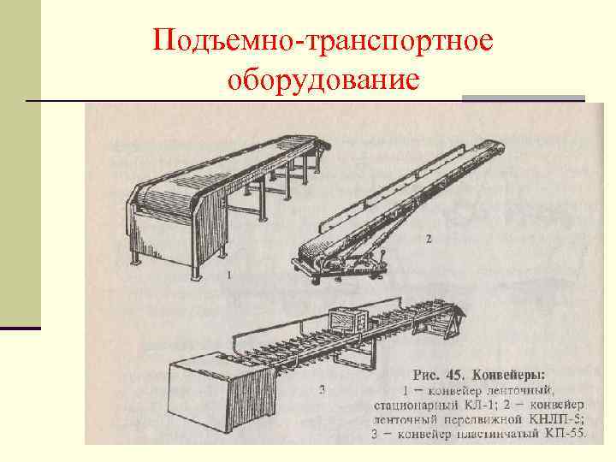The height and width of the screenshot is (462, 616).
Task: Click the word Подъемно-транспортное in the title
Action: [x=324, y=42]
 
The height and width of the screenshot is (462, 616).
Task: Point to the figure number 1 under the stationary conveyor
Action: [x=229, y=275]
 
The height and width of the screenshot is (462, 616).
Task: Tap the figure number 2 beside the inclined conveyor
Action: [x=428, y=240]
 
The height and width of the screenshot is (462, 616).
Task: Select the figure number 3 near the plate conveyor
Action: [x=321, y=391]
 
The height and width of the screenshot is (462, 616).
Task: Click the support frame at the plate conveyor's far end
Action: [x=450, y=320]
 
